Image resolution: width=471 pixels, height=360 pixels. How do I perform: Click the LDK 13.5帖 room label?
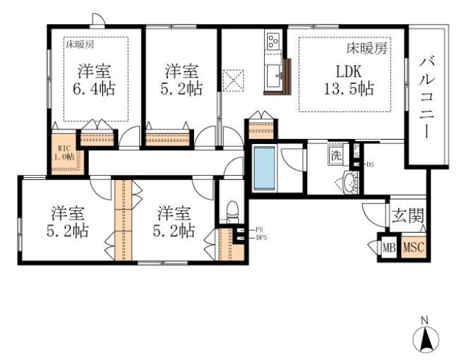345,80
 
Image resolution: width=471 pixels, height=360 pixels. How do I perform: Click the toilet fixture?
233,210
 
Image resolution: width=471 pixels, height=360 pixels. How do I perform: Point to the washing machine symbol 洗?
337,156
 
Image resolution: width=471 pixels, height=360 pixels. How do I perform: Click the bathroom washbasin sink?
349,180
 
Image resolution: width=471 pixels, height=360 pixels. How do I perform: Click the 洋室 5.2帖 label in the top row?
181,80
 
